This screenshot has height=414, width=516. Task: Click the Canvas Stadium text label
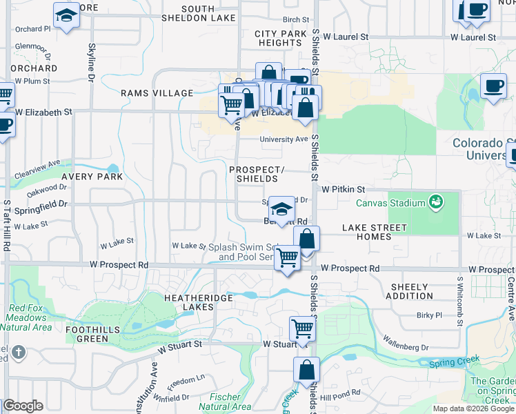390,203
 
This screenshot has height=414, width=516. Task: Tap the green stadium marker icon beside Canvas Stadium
435,202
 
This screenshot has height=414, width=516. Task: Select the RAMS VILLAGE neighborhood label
157,93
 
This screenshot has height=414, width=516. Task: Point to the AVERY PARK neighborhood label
92,177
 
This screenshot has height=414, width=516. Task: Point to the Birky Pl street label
429,315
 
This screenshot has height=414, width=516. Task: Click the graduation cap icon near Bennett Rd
281,208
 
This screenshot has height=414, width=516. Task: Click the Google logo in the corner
23,406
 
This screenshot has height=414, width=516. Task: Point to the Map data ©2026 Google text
473,408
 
